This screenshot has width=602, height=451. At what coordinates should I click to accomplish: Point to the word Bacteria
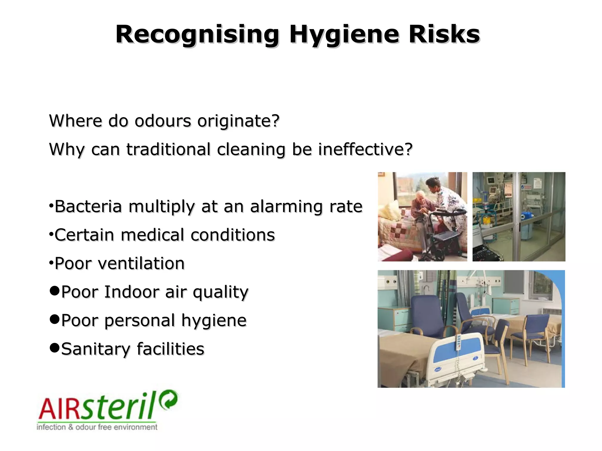88,206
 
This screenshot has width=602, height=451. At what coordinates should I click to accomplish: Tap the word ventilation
141,263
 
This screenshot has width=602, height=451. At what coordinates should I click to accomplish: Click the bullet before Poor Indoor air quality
54,291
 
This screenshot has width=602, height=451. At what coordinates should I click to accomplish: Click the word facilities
170,349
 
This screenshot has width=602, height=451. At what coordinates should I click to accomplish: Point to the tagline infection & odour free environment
97,427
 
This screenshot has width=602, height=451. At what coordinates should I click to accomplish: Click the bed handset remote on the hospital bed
458,342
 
